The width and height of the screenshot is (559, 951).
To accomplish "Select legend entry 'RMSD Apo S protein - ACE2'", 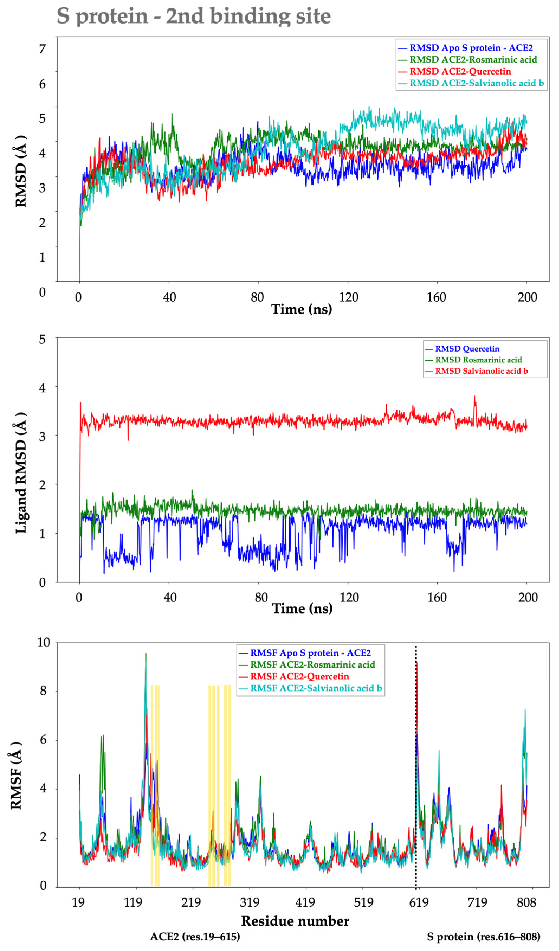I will click(471, 48).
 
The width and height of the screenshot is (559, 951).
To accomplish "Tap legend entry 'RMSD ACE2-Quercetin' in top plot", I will click(460, 71).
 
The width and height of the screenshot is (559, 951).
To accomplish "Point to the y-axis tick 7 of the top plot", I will click(42, 49).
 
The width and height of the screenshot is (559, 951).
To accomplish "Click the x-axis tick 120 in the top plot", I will click(348, 297).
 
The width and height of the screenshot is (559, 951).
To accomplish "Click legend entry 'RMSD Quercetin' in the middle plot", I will click(467, 349).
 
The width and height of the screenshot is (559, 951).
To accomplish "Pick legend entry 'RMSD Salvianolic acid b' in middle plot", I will click(481, 371).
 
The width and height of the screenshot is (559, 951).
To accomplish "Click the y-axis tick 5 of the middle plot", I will click(42, 339).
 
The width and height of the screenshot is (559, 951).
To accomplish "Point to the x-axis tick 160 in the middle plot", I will click(437, 597).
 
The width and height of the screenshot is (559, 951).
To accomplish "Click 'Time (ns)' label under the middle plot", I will click(302, 608).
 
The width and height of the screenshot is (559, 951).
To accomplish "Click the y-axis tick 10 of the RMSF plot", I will click(43, 642).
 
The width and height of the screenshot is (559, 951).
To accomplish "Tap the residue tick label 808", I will click(526, 903).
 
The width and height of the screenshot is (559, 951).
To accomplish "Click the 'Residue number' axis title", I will click(295, 921).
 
